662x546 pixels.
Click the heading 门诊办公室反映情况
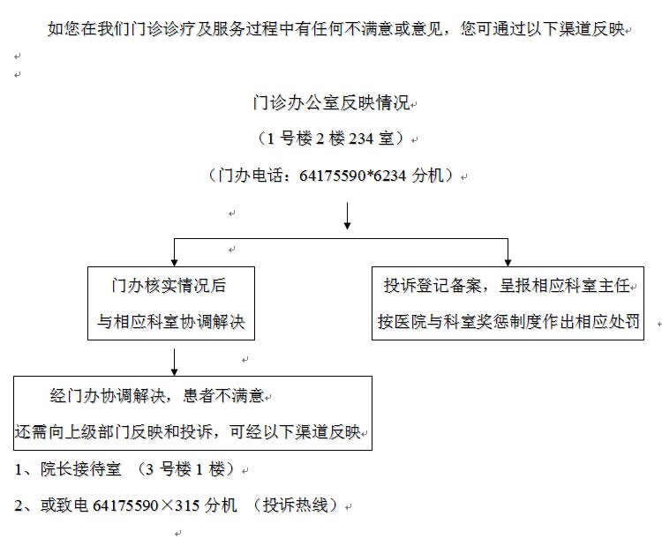pos(331,102)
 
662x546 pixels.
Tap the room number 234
pos(361,138)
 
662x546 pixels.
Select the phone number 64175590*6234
pos(352,176)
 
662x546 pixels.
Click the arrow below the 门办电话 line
pos(347,215)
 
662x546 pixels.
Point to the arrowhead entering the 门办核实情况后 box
pos(175,263)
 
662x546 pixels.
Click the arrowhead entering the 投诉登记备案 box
pos(508,263)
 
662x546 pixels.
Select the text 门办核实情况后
pos(169,285)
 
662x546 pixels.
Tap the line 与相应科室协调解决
pos(171,322)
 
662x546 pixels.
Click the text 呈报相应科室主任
pos(565,285)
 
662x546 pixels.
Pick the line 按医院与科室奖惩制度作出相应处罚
pos(508,322)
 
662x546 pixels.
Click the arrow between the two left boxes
pos(175,362)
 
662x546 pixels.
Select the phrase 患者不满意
pos(223,395)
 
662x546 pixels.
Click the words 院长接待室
pos(80,468)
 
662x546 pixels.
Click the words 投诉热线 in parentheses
pos(295,505)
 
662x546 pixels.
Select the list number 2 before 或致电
pos(19,505)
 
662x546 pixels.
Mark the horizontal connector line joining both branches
pos(341,239)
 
